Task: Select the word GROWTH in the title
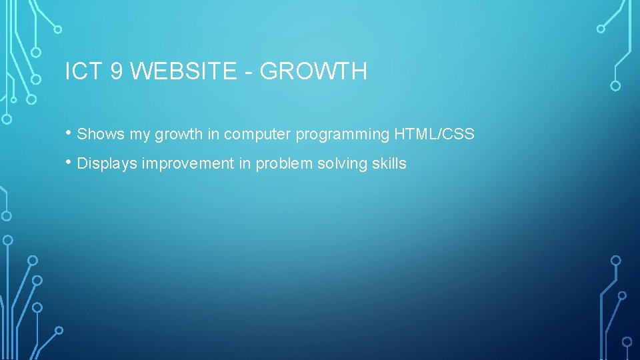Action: tap(313, 71)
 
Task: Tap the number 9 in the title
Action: tap(117, 71)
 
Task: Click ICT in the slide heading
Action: tap(83, 71)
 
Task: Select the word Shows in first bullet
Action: tap(101, 134)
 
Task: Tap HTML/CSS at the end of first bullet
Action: tap(434, 134)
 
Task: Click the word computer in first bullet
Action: tap(257, 135)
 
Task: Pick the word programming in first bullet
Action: tap(343, 135)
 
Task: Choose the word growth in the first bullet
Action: tap(179, 135)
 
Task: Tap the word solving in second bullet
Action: tap(333, 164)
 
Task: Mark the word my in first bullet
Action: tap(140, 135)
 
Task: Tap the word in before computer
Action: tap(213, 134)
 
